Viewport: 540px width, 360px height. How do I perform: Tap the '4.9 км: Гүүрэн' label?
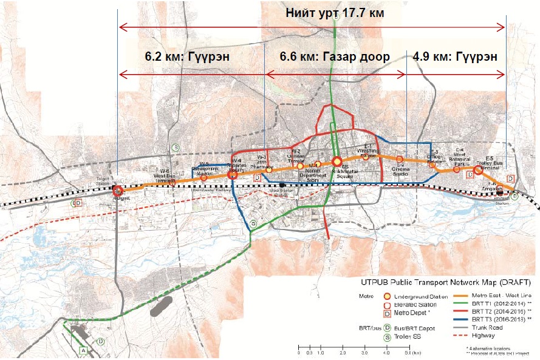coord(455,56)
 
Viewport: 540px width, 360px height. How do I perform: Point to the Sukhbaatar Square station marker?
coord(337,161)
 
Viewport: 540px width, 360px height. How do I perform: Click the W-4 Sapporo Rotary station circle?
coord(231,175)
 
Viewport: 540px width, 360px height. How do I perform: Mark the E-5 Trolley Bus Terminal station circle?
coord(478,171)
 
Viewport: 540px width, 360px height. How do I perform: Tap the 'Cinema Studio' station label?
coord(400,171)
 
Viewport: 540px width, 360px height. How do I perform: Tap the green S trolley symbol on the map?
coord(176,147)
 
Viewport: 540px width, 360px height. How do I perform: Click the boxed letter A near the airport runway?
coord(83,349)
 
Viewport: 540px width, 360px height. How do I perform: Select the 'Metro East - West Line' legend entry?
coord(496,294)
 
